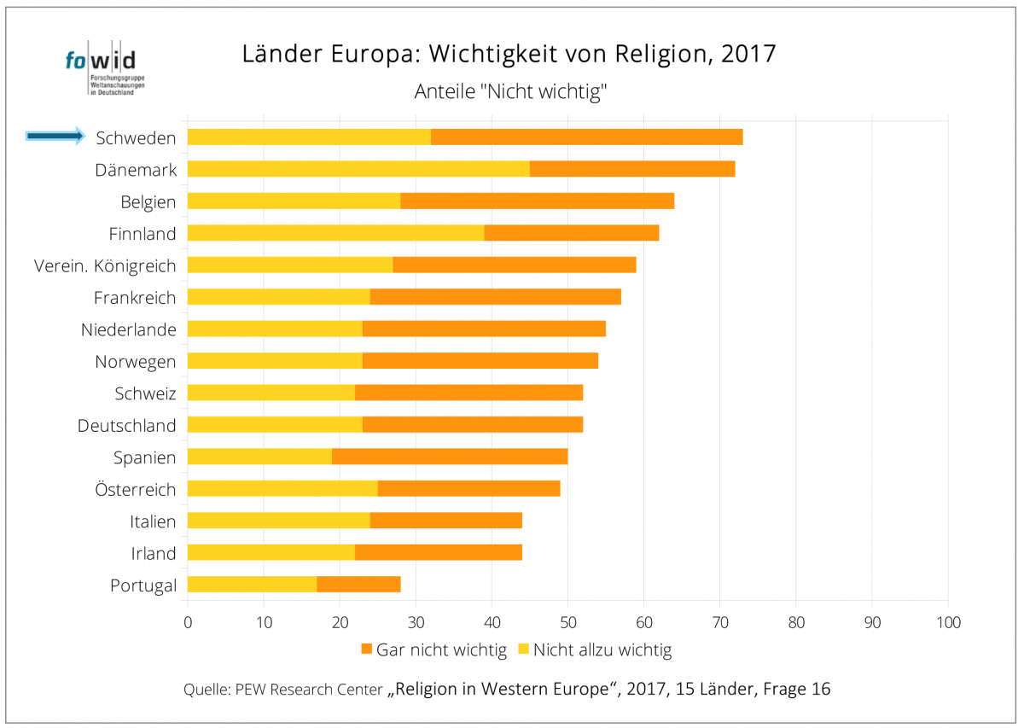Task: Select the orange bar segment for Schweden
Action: tap(586, 137)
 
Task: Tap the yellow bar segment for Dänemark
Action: tap(358, 169)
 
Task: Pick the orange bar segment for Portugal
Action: tap(358, 585)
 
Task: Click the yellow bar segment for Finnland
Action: tap(335, 233)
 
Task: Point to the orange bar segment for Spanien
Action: tap(450, 457)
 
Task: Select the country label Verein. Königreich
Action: tap(105, 265)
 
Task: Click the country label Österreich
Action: tap(136, 489)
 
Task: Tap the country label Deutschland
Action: tap(126, 425)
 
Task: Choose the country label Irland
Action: tap(153, 553)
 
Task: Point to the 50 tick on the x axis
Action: tap(567, 622)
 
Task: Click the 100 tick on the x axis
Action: tap(947, 622)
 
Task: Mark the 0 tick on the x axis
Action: tap(188, 622)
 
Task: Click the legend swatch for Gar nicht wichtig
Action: tap(367, 650)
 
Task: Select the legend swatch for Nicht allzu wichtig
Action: tap(524, 650)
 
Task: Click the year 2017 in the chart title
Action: tap(748, 54)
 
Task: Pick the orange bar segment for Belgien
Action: tap(537, 201)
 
